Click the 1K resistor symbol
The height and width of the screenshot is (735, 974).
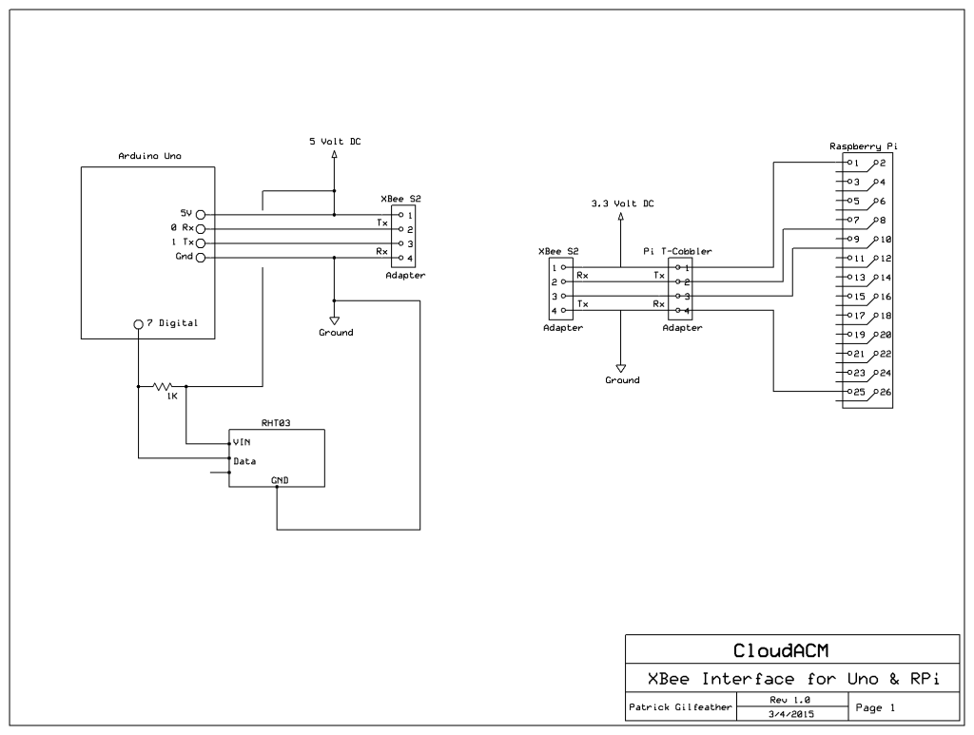coord(164,387)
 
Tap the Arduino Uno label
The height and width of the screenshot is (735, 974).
coord(149,155)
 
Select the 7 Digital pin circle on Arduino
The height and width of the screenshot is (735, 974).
coord(139,323)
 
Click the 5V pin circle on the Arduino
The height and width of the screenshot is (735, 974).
coord(201,215)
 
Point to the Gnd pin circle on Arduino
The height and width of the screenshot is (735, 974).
coord(201,258)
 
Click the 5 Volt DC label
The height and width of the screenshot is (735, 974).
coord(334,142)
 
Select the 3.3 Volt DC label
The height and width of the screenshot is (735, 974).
coord(621,203)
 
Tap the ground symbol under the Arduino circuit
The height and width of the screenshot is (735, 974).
coord(335,320)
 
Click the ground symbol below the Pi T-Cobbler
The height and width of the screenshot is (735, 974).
coord(621,367)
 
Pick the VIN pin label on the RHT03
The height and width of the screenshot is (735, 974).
coord(242,443)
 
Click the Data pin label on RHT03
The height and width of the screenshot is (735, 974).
coord(244,461)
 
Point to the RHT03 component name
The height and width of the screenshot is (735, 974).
coord(276,423)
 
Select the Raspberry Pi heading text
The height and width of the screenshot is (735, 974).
coord(863,146)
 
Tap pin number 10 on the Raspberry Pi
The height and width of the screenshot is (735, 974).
coord(886,240)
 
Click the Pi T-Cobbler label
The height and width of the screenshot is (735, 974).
coord(677,252)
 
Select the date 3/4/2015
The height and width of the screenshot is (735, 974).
coord(790,713)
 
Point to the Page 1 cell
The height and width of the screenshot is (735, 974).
coord(875,707)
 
